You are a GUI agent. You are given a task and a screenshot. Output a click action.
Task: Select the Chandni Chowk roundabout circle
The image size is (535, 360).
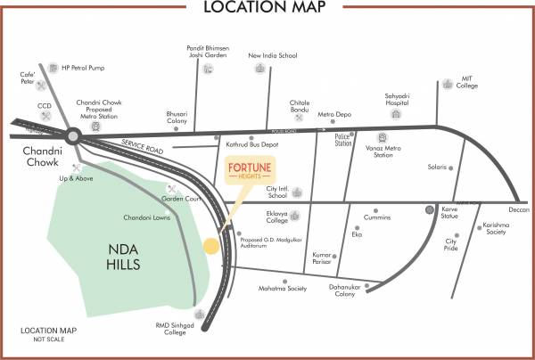pos(72,135)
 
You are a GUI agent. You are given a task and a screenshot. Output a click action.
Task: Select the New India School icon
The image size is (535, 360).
pos(273,69)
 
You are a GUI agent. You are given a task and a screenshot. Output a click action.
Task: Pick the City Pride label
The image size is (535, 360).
pos(451,246)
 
